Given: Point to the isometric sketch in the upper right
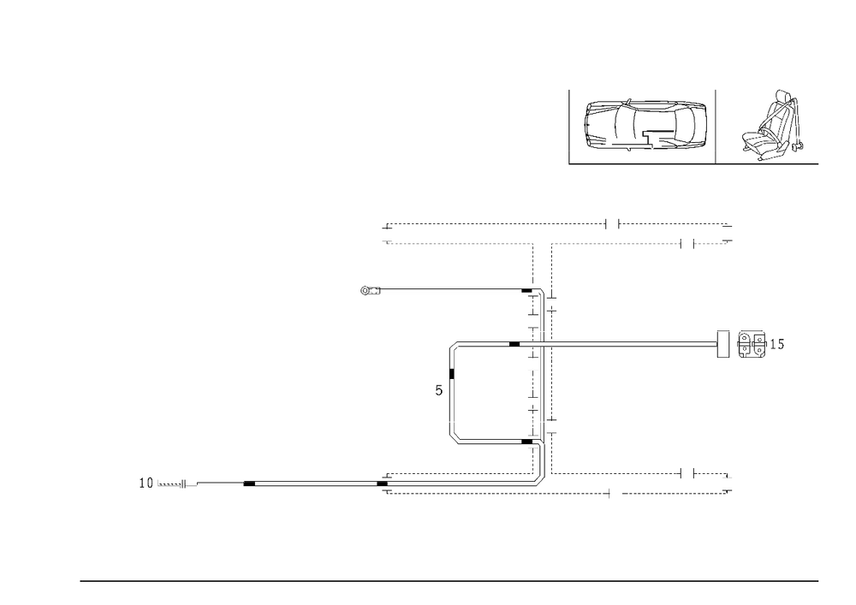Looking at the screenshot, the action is coord(774,127).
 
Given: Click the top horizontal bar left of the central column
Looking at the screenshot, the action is coord(458,244).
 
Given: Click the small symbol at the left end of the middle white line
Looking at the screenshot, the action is coord(371,292).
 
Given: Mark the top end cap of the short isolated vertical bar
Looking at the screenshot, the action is coord(455,346).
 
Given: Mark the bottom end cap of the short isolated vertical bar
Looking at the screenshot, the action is coord(455,439).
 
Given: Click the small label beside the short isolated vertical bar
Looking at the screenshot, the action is coord(438,391).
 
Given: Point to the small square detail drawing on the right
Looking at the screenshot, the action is coord(752,345).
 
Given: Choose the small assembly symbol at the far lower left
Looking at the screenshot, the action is coord(151,483).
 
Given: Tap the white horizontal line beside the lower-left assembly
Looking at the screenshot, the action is coord(214,485).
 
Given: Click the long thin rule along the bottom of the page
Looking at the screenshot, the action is coord(449,580).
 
